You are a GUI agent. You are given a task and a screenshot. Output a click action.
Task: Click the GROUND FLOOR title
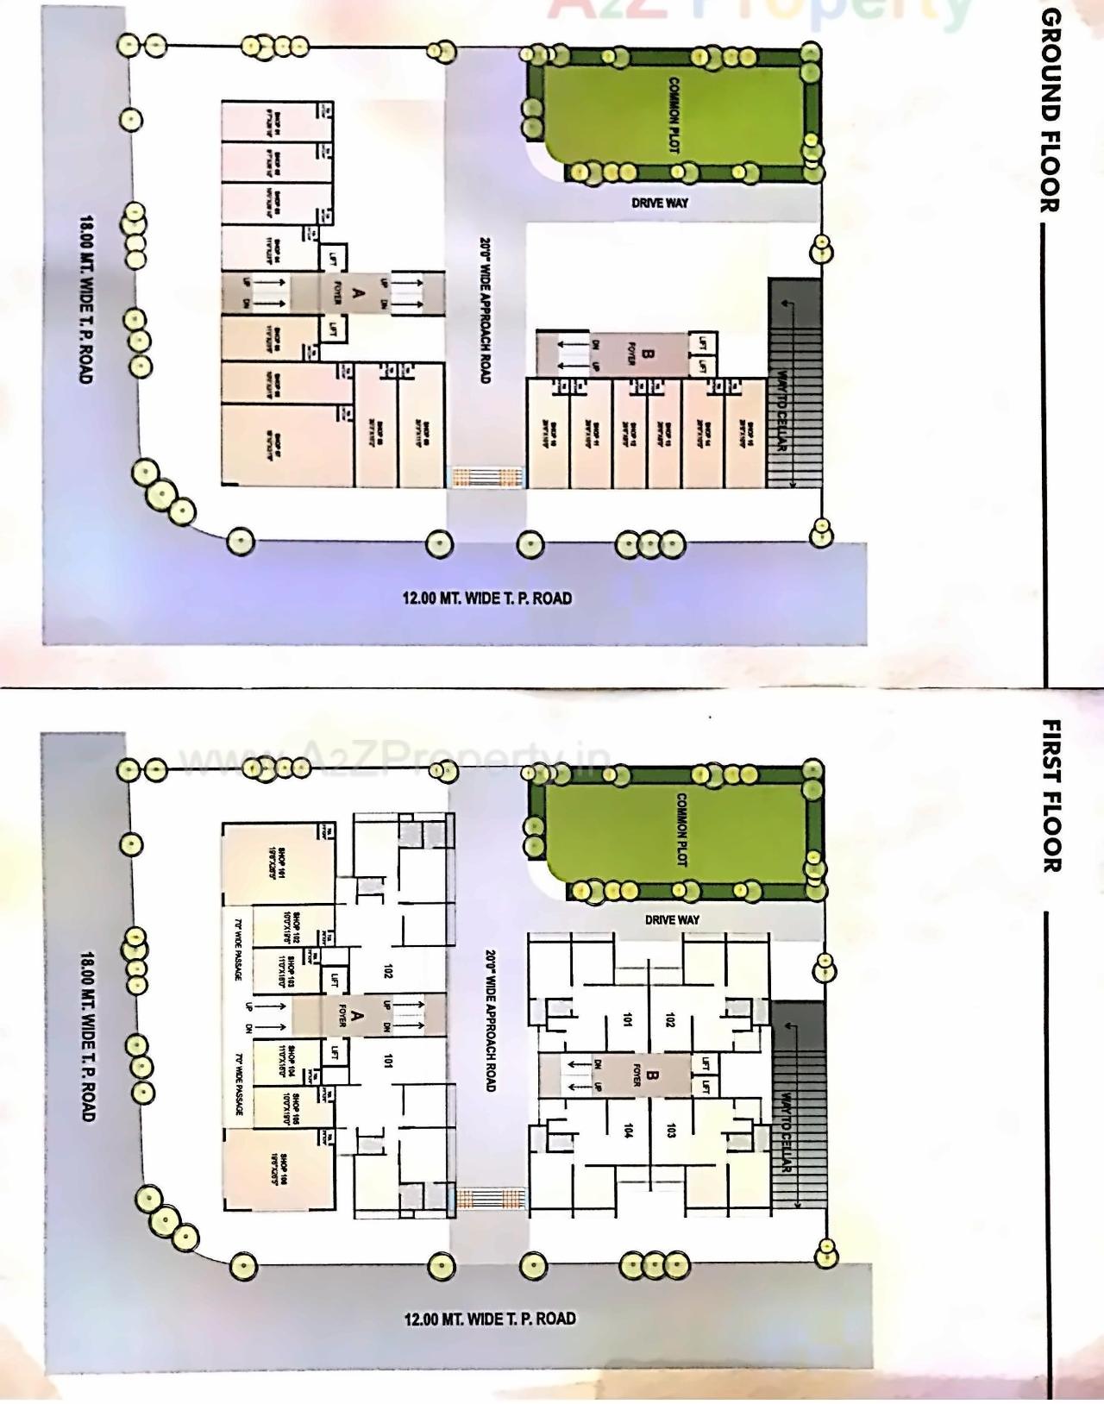pyautogui.click(x=1049, y=110)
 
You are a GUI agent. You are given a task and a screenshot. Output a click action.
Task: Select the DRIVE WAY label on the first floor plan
pyautogui.click(x=672, y=919)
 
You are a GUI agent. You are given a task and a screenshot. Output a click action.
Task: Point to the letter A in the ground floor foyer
pyautogui.click(x=359, y=293)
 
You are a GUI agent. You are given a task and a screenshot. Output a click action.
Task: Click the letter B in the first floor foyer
pyautogui.click(x=652, y=1075)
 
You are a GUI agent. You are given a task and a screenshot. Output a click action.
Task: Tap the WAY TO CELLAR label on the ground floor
pyautogui.click(x=781, y=411)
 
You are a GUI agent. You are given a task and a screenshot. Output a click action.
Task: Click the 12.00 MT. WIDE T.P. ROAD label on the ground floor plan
pyautogui.click(x=486, y=598)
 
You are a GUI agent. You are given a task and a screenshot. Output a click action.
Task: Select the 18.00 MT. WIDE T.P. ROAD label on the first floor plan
pyautogui.click(x=87, y=1037)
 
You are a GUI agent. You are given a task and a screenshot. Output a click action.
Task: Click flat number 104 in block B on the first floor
pyautogui.click(x=629, y=1131)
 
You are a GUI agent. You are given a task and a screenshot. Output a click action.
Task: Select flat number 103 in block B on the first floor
pyautogui.click(x=671, y=1131)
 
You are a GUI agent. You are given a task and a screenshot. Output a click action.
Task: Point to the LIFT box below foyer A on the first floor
pyautogui.click(x=334, y=1052)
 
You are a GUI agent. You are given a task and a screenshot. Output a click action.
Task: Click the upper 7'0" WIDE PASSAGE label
pyautogui.click(x=236, y=949)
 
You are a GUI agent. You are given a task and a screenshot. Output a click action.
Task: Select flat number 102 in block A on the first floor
pyautogui.click(x=388, y=971)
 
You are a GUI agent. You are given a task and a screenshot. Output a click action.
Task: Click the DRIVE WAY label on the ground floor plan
pyautogui.click(x=660, y=203)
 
